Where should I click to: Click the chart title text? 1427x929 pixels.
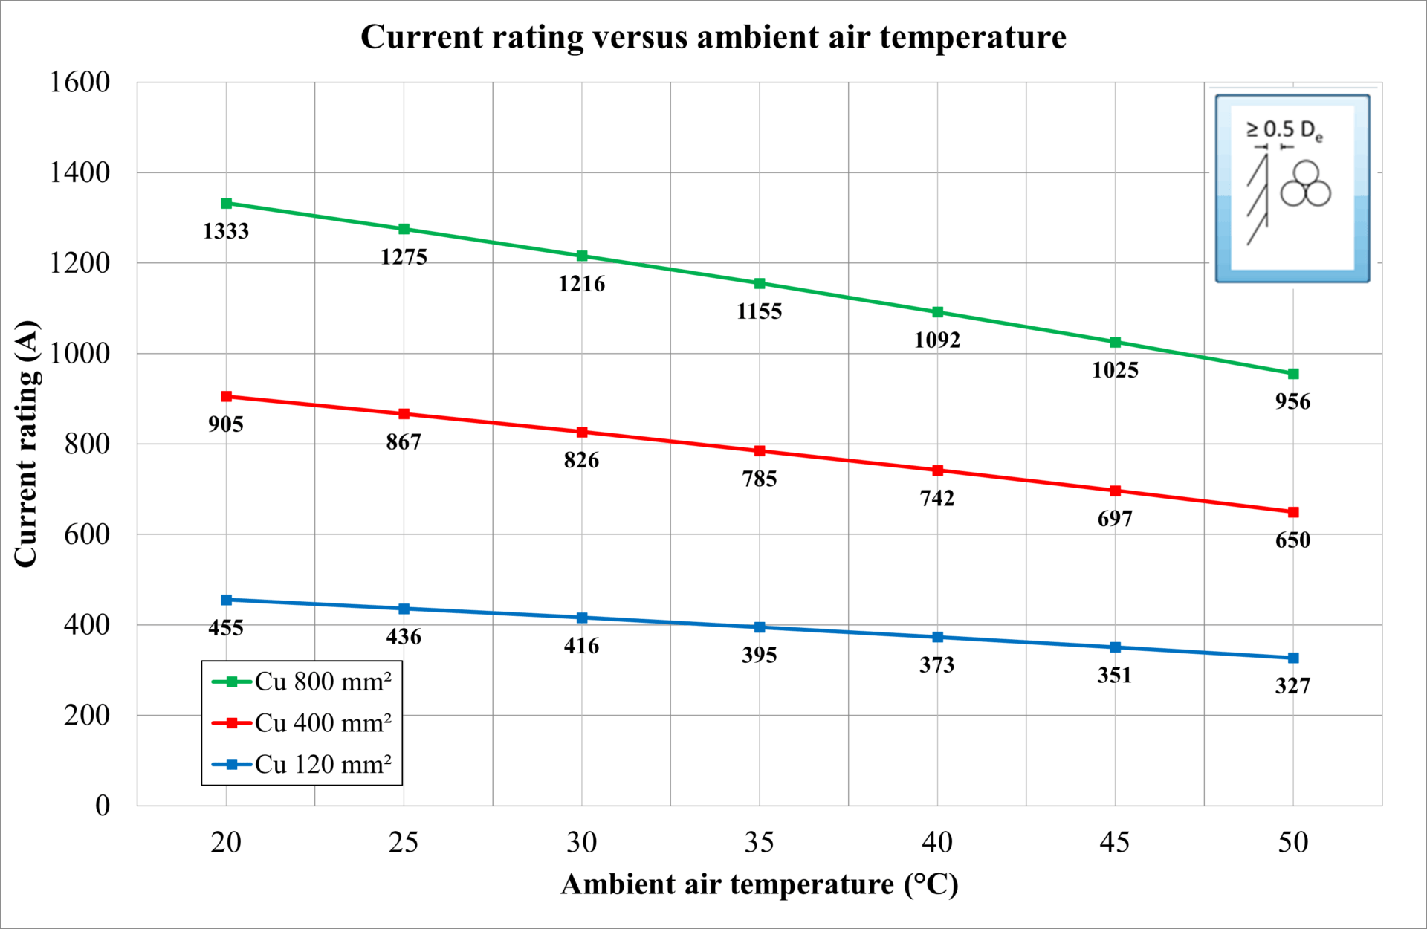click(x=713, y=37)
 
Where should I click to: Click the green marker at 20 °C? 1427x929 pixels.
click(x=227, y=204)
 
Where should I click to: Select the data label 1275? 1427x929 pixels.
click(x=404, y=257)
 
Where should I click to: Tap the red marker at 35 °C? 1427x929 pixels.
click(x=760, y=451)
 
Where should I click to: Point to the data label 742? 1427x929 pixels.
click(x=937, y=498)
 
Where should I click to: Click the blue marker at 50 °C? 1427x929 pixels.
click(x=1293, y=658)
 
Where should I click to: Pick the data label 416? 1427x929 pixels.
click(x=581, y=646)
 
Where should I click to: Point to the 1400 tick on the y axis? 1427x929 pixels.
click(x=80, y=172)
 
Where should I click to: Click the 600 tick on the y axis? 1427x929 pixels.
click(x=86, y=534)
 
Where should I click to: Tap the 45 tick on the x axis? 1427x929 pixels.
click(x=1115, y=843)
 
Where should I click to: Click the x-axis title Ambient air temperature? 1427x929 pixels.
click(x=760, y=884)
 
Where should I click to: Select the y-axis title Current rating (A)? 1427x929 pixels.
click(x=26, y=444)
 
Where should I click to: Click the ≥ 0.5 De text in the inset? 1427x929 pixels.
click(x=1284, y=130)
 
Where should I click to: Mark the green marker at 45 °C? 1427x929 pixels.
click(x=1116, y=343)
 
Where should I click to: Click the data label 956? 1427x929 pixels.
click(x=1292, y=402)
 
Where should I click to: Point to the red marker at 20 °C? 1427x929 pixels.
click(x=227, y=397)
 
